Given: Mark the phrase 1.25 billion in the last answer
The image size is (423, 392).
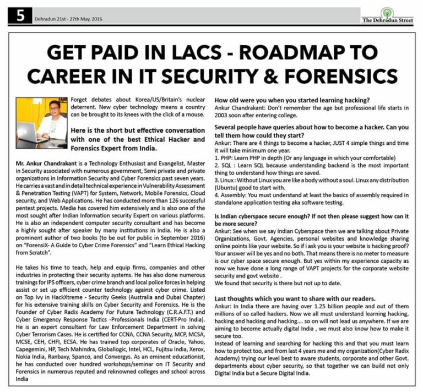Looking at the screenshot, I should click(322, 307).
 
